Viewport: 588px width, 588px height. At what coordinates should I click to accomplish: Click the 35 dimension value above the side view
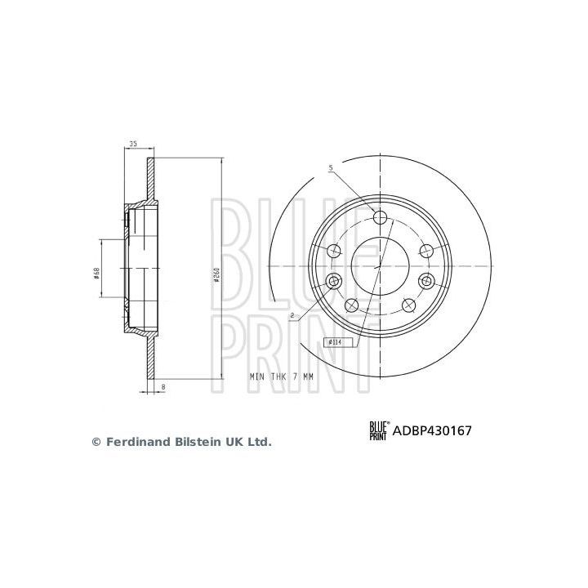click(x=131, y=145)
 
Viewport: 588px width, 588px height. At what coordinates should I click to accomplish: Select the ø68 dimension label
click(x=96, y=274)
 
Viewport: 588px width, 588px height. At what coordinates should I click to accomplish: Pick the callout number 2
click(x=291, y=314)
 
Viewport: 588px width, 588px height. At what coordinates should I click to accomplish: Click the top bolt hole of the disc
click(x=379, y=216)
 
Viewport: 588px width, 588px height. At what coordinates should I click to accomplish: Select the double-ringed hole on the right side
click(x=425, y=281)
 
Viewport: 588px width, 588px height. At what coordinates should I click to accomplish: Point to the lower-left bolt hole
click(x=352, y=305)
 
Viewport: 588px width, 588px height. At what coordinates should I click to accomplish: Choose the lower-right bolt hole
click(x=407, y=305)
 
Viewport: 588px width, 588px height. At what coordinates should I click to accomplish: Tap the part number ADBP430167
click(x=434, y=430)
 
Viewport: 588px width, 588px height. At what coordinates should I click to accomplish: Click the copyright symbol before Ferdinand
click(x=95, y=442)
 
